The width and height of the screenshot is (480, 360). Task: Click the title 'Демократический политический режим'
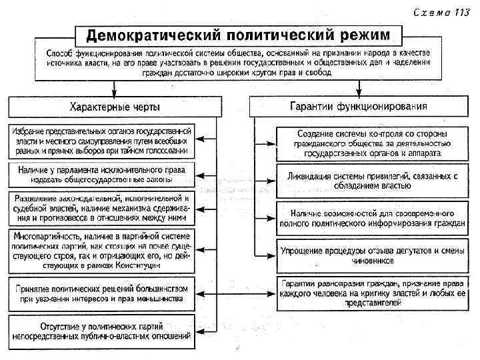click(x=238, y=33)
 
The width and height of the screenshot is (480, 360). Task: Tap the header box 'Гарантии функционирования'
click(x=358, y=106)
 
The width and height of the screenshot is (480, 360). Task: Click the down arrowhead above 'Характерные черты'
click(x=115, y=92)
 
